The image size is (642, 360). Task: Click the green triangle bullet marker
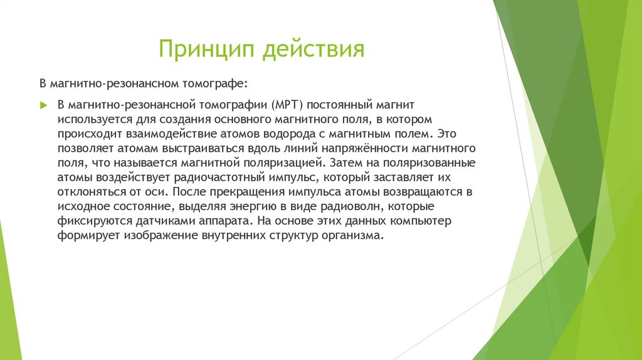click(x=43, y=103)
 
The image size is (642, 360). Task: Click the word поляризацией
click(x=283, y=163)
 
